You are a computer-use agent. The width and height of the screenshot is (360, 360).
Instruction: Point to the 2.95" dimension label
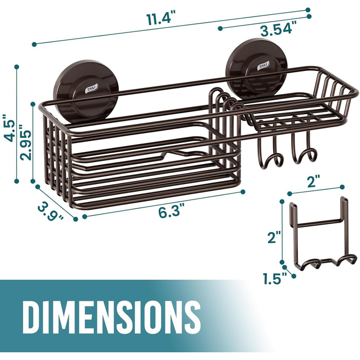pyautogui.click(x=25, y=142)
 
